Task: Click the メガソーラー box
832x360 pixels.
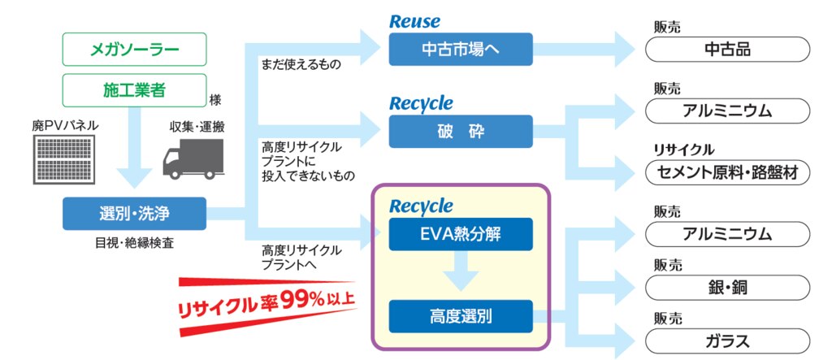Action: coord(134,50)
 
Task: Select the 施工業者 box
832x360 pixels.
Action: coord(134,90)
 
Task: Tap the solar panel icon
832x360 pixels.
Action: coord(64,159)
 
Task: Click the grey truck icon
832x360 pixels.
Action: coord(193,158)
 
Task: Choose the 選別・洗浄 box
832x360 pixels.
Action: coord(134,214)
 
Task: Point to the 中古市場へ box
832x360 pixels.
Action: coord(461,50)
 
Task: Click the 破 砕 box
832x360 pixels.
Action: coord(461,131)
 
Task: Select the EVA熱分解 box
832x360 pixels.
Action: coord(461,234)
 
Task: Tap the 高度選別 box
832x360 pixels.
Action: coord(461,316)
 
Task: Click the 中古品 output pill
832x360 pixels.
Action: coord(727,50)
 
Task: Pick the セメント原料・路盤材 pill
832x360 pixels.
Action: coord(727,172)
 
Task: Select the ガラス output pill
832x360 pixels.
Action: coord(727,341)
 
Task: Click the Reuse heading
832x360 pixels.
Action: coord(415,21)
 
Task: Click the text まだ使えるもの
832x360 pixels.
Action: coord(301,65)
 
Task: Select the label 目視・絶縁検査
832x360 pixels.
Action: coord(134,244)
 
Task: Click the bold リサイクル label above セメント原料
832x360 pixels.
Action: coord(684,150)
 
